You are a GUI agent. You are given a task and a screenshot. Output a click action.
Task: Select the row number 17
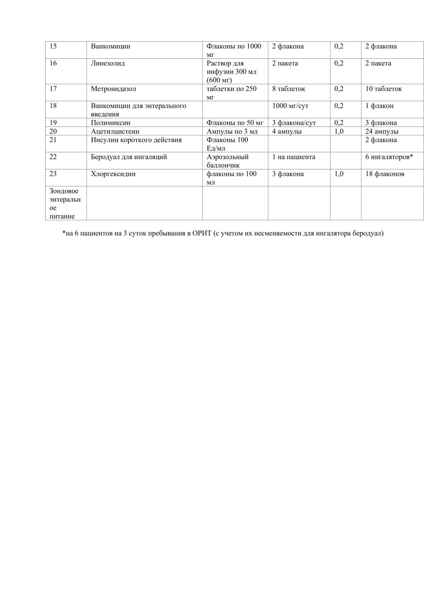(x=53, y=89)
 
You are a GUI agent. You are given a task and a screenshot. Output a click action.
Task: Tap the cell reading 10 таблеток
(x=383, y=89)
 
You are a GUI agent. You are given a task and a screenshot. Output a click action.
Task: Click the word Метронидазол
(x=113, y=89)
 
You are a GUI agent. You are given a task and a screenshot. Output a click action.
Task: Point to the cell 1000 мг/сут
(x=290, y=106)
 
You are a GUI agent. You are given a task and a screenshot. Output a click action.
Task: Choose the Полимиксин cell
(x=111, y=123)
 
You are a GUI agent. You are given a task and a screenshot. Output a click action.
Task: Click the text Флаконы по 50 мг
(x=235, y=123)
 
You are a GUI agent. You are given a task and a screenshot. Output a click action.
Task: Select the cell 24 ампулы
(x=382, y=132)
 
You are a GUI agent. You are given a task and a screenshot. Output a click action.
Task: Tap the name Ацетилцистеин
(x=115, y=132)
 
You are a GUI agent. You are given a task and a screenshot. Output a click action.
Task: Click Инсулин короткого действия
(x=136, y=140)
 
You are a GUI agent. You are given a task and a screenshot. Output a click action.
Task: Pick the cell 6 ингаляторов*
(x=389, y=157)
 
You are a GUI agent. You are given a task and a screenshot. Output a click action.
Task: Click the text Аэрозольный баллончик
(x=228, y=161)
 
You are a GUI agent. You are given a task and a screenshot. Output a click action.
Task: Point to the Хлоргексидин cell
(x=113, y=174)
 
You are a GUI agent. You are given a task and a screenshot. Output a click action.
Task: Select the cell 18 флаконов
(x=385, y=174)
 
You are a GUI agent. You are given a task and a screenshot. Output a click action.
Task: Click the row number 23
(x=53, y=174)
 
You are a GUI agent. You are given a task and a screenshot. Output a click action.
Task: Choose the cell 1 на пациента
(x=293, y=157)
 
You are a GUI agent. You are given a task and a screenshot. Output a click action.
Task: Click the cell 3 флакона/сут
(x=294, y=123)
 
